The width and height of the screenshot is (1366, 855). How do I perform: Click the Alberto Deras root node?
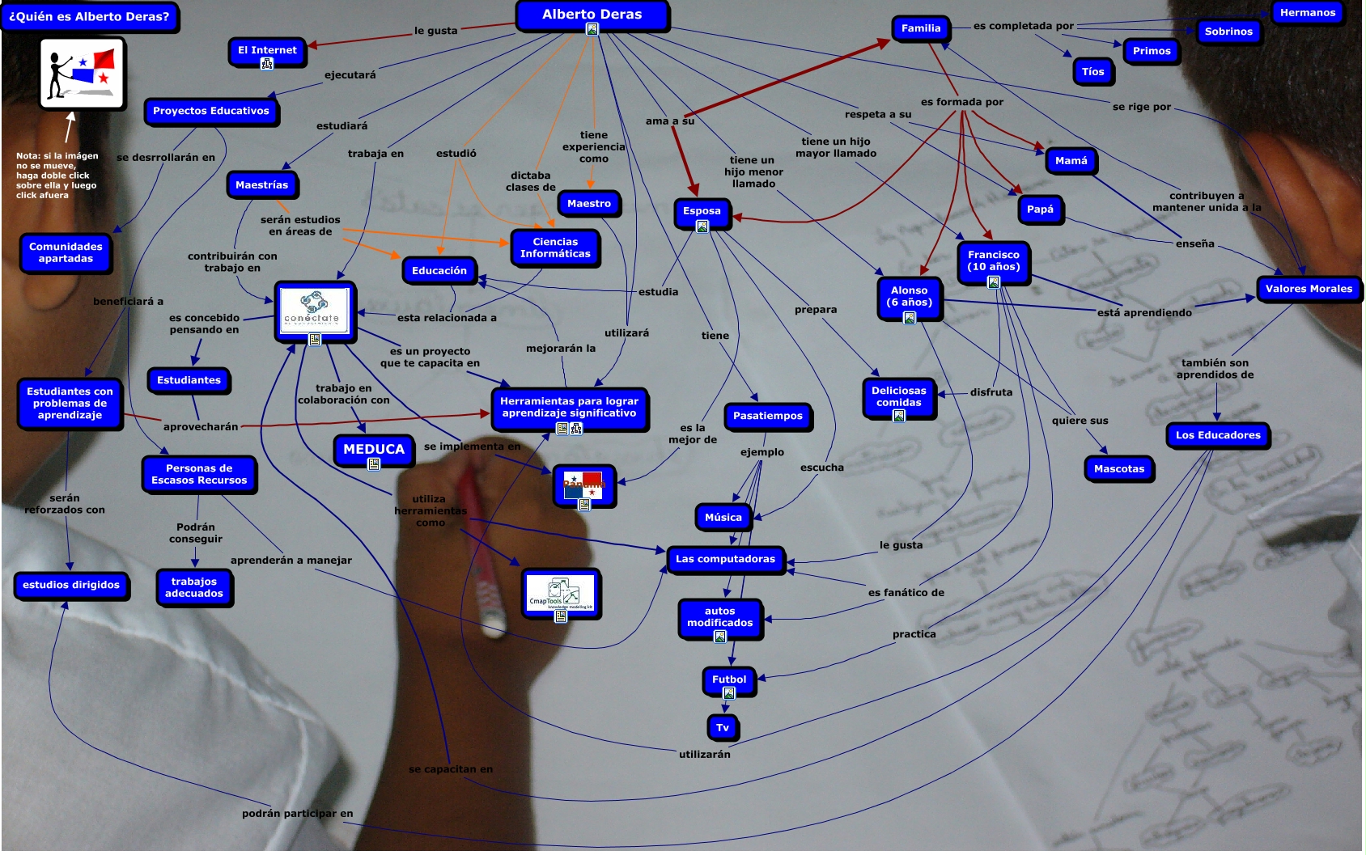pyautogui.click(x=592, y=15)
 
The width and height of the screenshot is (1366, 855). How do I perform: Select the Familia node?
pyautogui.click(x=921, y=28)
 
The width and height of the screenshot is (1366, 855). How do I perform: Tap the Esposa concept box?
pyautogui.click(x=702, y=211)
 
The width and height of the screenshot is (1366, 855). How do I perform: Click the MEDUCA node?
pyautogui.click(x=373, y=449)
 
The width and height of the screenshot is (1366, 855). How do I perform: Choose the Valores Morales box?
pyautogui.click(x=1308, y=289)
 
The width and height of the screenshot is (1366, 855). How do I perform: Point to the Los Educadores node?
pyautogui.click(x=1217, y=435)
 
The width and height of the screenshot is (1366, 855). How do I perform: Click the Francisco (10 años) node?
pyautogui.click(x=993, y=260)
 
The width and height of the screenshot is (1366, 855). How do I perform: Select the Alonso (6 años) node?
pyautogui.click(x=909, y=296)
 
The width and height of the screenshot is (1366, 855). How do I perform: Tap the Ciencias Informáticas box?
pyautogui.click(x=555, y=248)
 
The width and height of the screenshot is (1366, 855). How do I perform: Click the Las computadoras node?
pyautogui.click(x=725, y=559)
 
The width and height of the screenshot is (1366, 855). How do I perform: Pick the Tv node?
pyautogui.click(x=722, y=727)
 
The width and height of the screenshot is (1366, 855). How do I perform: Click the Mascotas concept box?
pyautogui.click(x=1118, y=468)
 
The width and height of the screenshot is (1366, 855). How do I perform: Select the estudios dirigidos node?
pyautogui.click(x=71, y=585)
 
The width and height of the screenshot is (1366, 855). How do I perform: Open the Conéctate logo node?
pyautogui.click(x=314, y=311)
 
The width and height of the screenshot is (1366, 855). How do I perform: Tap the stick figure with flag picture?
pyautogui.click(x=83, y=73)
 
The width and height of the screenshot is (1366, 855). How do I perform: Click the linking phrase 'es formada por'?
pyautogui.click(x=961, y=102)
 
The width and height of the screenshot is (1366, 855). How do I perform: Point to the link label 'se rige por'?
pyautogui.click(x=1141, y=107)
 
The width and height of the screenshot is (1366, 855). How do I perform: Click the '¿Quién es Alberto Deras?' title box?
pyautogui.click(x=89, y=16)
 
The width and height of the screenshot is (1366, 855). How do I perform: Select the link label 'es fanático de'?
pyautogui.click(x=906, y=593)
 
